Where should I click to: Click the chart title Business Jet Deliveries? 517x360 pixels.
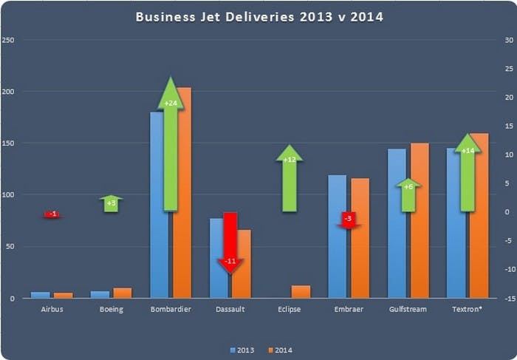(258, 16)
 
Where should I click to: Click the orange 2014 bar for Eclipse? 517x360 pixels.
(301, 291)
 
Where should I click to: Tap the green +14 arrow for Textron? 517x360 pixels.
(467, 174)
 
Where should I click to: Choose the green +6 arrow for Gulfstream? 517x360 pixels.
(408, 195)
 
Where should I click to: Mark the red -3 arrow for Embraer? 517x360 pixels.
(349, 220)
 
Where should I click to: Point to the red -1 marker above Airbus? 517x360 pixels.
(52, 214)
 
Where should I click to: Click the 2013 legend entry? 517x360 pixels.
(243, 350)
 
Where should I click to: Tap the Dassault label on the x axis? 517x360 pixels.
(230, 309)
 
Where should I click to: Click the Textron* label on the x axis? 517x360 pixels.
(467, 309)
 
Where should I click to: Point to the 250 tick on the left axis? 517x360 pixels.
(8, 40)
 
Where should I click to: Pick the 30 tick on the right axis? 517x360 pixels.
(507, 40)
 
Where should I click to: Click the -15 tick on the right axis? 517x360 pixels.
(507, 298)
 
